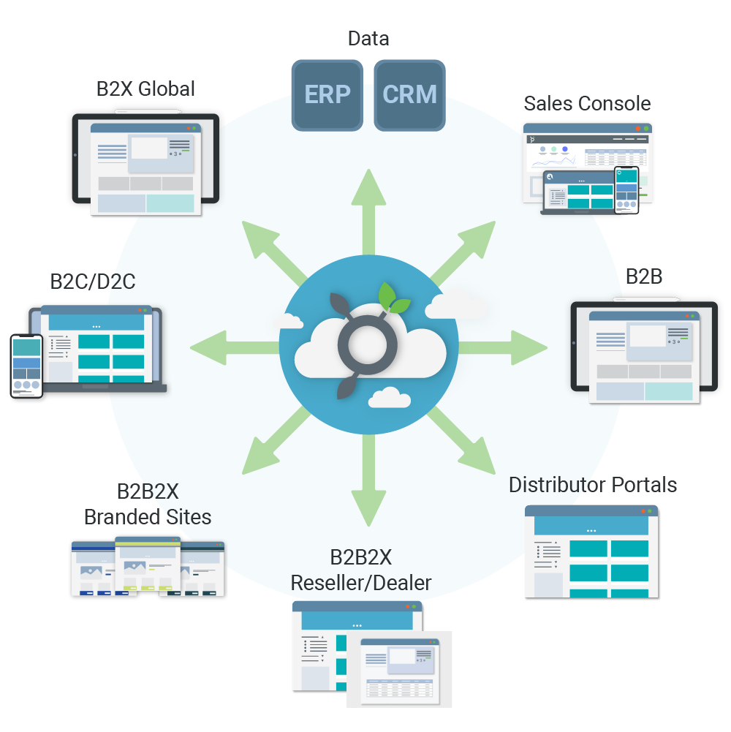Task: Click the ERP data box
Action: click(327, 95)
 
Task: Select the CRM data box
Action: click(409, 95)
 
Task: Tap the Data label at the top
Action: click(368, 39)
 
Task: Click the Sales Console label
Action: click(587, 103)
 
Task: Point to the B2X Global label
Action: click(145, 89)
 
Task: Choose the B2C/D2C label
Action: click(93, 281)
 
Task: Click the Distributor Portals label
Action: click(592, 485)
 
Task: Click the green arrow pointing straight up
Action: click(368, 212)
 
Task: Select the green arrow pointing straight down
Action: click(368, 479)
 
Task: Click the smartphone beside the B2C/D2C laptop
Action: click(26, 366)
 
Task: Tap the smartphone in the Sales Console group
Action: click(626, 189)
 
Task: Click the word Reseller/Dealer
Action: click(361, 583)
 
